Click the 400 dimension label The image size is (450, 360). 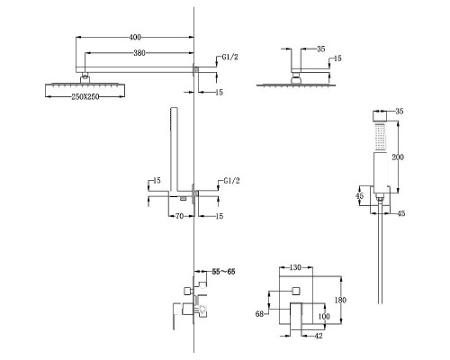tap(135, 37)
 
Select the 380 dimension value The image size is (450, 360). tap(139, 53)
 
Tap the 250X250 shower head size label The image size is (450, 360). tap(85, 96)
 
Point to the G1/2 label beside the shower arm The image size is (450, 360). tap(229, 57)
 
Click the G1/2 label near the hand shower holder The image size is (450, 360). tap(231, 181)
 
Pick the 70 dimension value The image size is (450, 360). tap(179, 216)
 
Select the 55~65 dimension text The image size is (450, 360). tap(223, 272)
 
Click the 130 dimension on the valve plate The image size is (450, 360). tap(295, 267)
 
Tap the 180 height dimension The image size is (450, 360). tap(340, 300)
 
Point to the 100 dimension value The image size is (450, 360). tap(324, 317)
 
